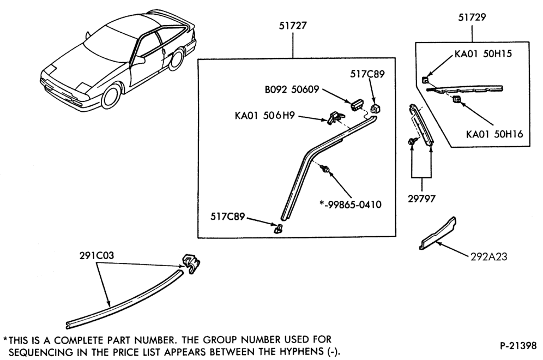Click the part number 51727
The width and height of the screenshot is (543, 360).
(293, 26)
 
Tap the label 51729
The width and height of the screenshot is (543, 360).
(472, 17)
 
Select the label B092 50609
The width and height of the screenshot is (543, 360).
(292, 89)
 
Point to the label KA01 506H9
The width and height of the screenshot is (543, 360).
(264, 116)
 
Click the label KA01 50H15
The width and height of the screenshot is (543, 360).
(483, 53)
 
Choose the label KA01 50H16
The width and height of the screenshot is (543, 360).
(494, 134)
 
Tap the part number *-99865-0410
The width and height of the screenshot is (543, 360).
(350, 205)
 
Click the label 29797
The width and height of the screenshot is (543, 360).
(421, 199)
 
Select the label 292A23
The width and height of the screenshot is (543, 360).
(488, 257)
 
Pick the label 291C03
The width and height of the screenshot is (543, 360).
(96, 256)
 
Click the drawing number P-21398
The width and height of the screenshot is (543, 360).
(518, 345)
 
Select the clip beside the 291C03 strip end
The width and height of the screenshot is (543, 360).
(191, 263)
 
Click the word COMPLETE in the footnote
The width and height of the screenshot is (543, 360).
(80, 340)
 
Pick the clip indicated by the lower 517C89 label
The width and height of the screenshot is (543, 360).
(278, 229)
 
